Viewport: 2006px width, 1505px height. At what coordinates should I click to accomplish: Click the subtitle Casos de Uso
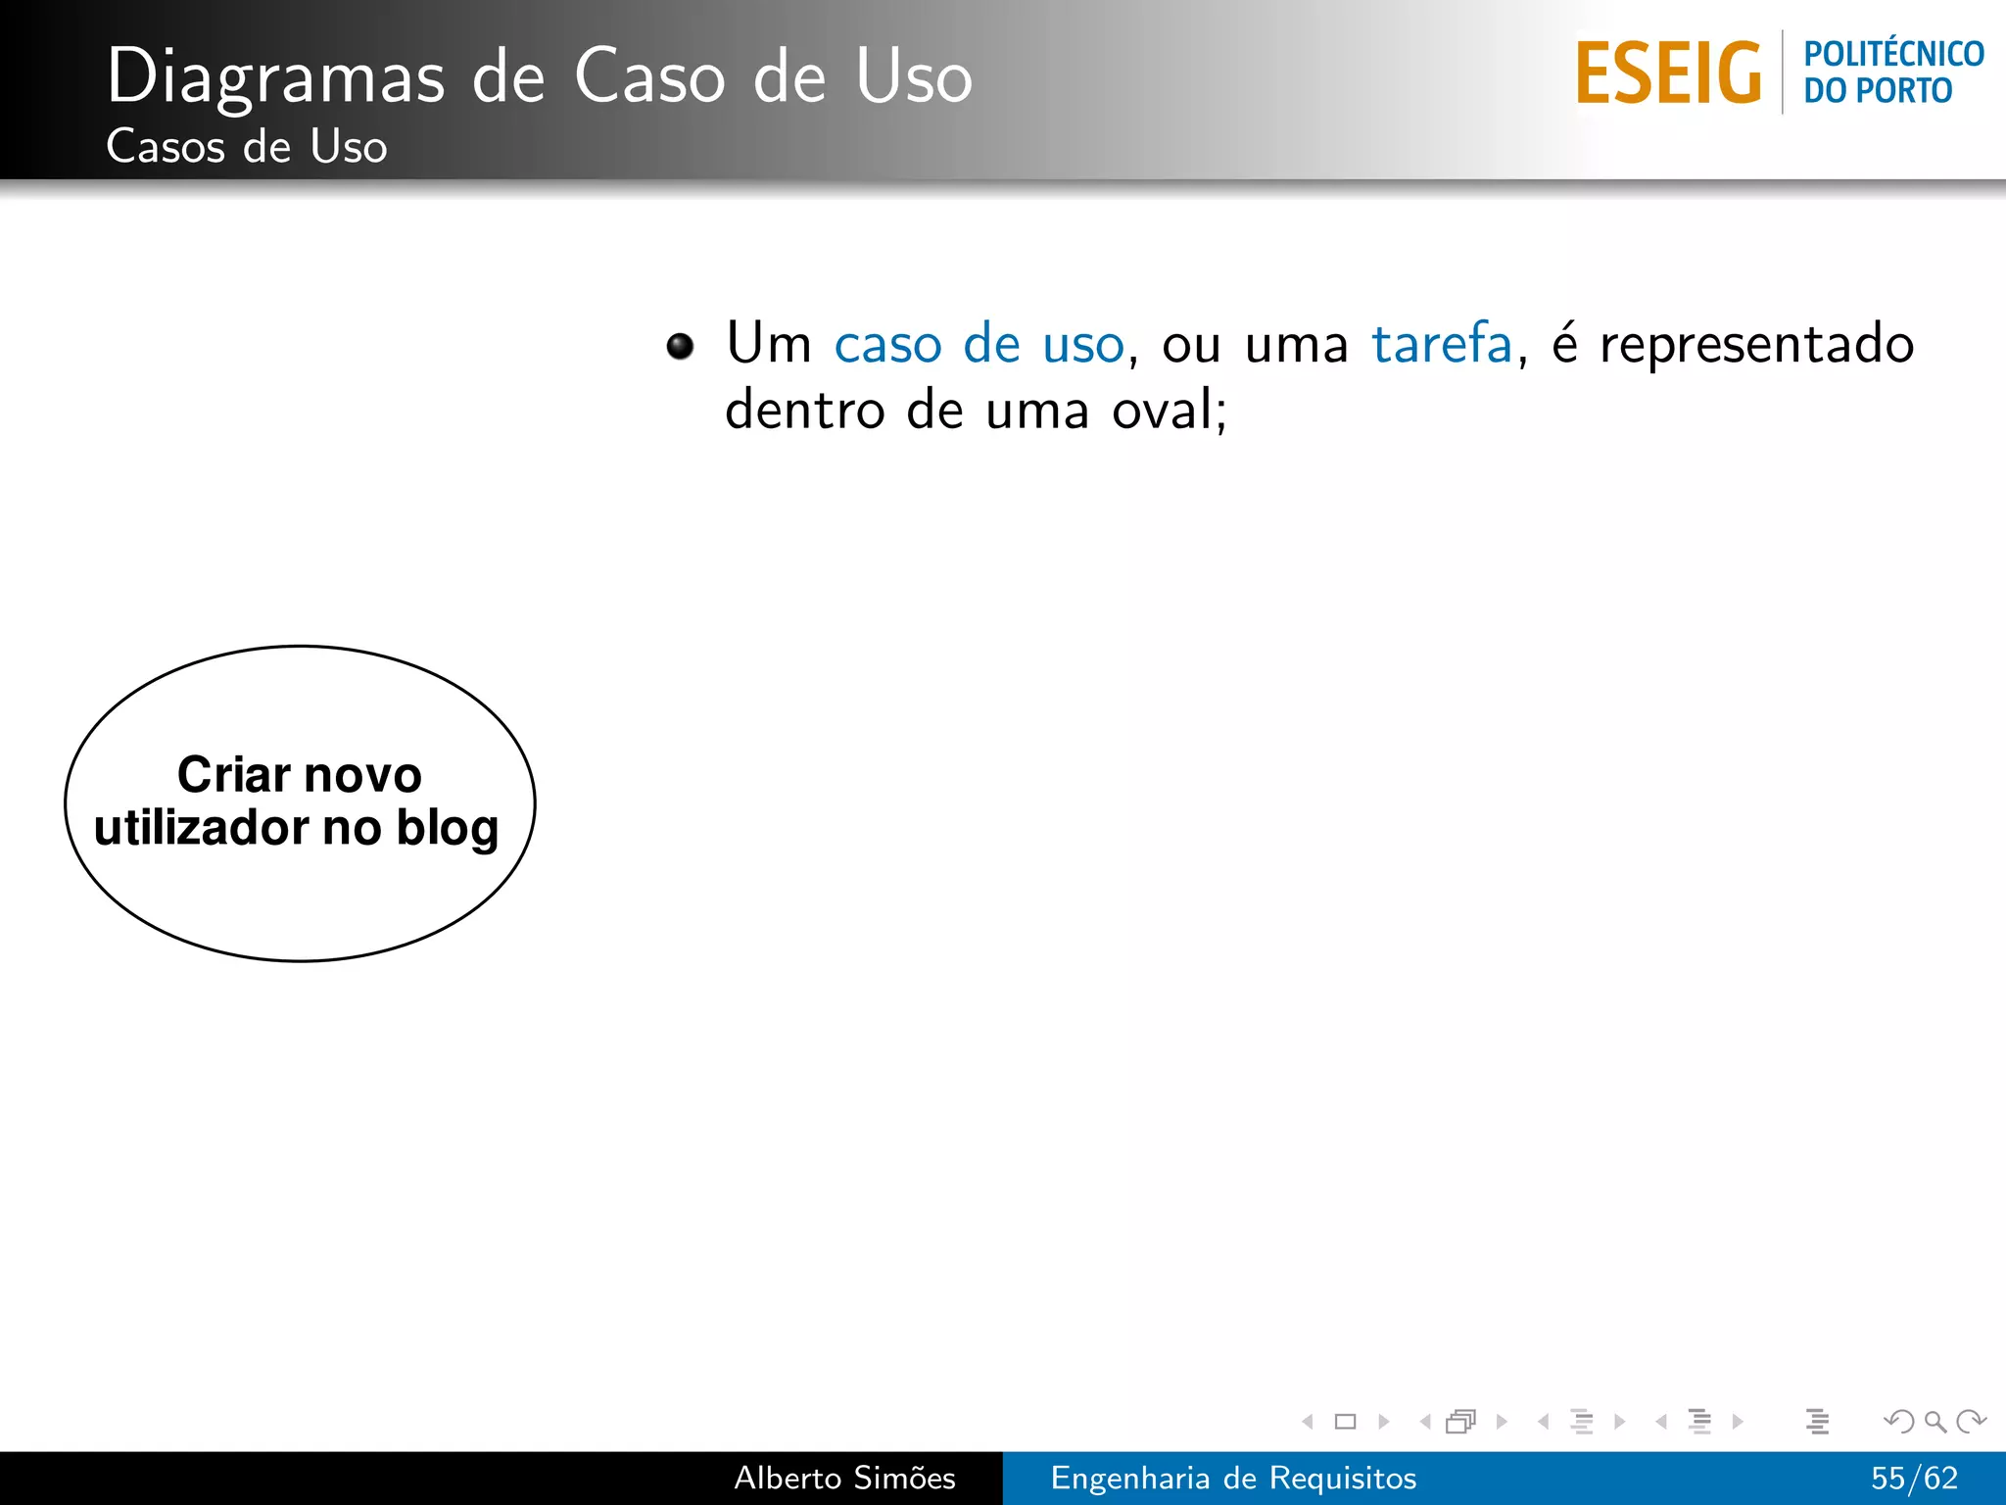[x=246, y=147]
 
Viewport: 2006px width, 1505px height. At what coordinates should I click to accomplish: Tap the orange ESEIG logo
[x=1668, y=73]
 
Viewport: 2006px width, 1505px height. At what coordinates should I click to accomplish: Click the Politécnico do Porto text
[x=1892, y=73]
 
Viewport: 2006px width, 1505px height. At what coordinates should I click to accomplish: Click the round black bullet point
[x=680, y=346]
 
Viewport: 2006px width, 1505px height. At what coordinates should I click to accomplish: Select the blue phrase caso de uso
[x=979, y=344]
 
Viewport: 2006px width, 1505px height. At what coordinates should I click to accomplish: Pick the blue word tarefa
[x=1441, y=344]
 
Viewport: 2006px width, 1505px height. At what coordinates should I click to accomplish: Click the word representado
[x=1756, y=344]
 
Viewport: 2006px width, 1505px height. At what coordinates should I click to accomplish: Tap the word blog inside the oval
[x=448, y=828]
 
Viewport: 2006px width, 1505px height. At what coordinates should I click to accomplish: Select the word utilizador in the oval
[x=202, y=828]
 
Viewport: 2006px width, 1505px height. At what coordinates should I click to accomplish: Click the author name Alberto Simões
[x=844, y=1478]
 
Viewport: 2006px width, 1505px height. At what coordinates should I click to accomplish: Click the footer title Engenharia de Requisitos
[x=1233, y=1478]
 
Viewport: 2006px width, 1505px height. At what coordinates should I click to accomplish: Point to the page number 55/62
[x=1914, y=1478]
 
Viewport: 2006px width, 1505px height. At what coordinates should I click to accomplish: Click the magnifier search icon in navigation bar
[x=1934, y=1421]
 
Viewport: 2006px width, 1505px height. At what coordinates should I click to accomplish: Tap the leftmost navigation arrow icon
[x=1307, y=1421]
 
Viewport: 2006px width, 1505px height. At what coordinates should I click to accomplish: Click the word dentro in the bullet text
[x=804, y=410]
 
